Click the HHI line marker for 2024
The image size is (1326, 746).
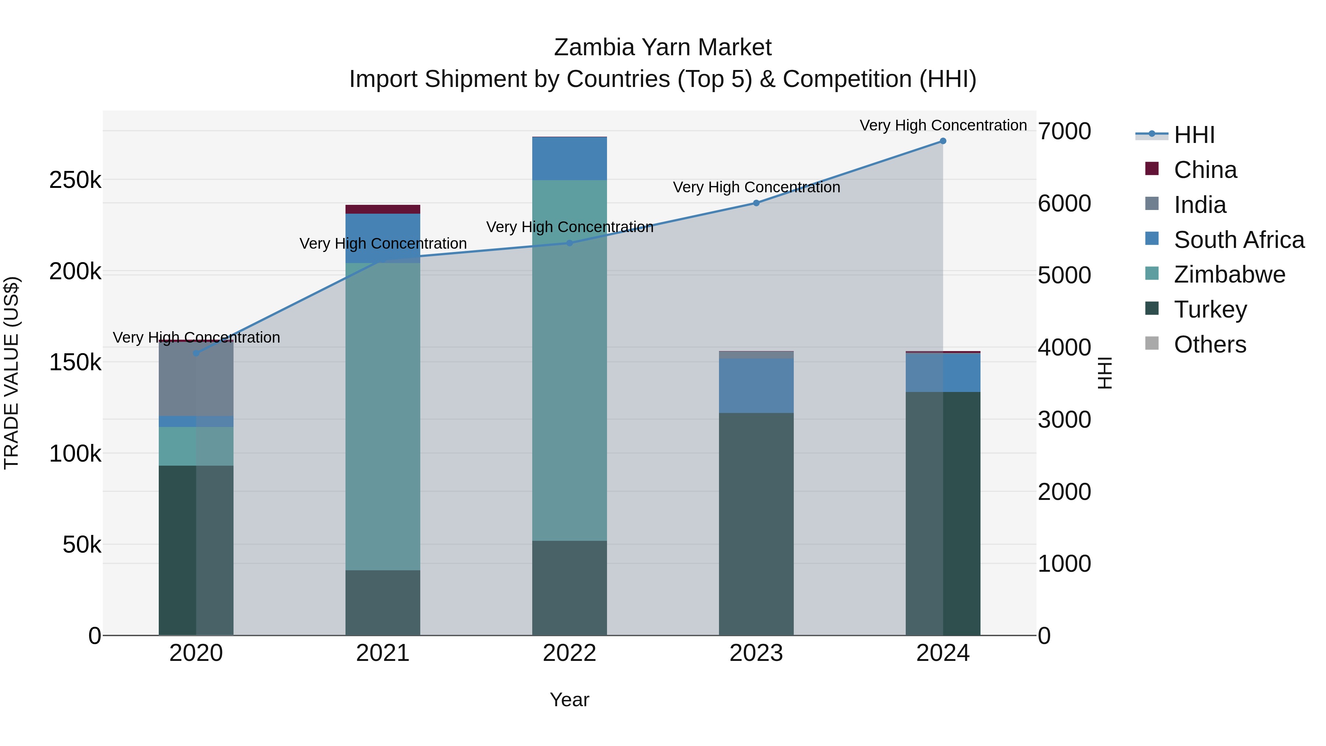coord(943,141)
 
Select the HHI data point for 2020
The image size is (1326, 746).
coord(196,353)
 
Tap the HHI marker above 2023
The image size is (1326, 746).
coord(756,203)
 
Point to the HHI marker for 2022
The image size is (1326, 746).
coord(569,243)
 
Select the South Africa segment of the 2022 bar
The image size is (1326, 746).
coord(569,158)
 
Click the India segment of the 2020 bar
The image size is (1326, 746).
coord(196,378)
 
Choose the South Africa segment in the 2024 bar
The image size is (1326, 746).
coord(943,373)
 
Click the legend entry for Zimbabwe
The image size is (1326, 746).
coord(1229,274)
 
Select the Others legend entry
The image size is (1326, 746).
coord(1210,344)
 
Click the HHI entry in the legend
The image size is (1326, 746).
coord(1194,135)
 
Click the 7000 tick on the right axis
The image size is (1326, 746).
coord(1063,131)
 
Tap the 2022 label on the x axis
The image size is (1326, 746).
coord(569,653)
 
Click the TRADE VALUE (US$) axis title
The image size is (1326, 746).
coord(12,373)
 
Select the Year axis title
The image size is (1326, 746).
coord(569,700)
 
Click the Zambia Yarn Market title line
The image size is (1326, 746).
coord(663,48)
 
